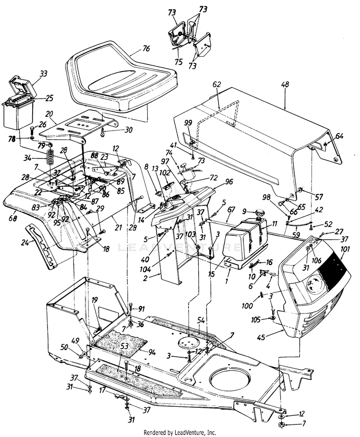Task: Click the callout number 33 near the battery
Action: (44, 73)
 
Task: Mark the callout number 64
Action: (339, 136)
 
